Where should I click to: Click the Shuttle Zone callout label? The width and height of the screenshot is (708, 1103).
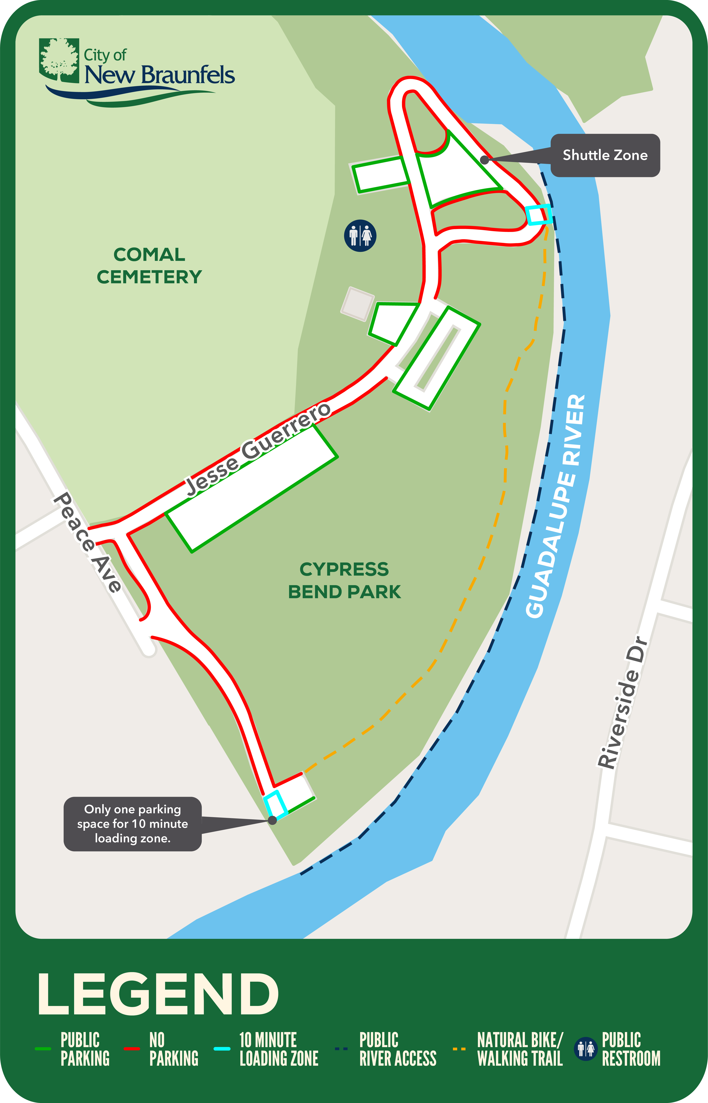(x=605, y=155)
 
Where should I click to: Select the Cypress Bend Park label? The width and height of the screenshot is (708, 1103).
(x=344, y=580)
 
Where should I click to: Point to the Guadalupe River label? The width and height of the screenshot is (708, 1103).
(x=556, y=506)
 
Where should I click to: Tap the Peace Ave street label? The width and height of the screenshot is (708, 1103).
(x=87, y=542)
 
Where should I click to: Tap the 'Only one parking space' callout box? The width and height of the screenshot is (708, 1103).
(x=132, y=824)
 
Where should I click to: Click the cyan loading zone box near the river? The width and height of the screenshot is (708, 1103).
(x=538, y=215)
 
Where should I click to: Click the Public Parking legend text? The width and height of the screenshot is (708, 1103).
(x=85, y=1049)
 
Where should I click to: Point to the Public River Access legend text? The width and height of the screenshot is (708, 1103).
(x=398, y=1049)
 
